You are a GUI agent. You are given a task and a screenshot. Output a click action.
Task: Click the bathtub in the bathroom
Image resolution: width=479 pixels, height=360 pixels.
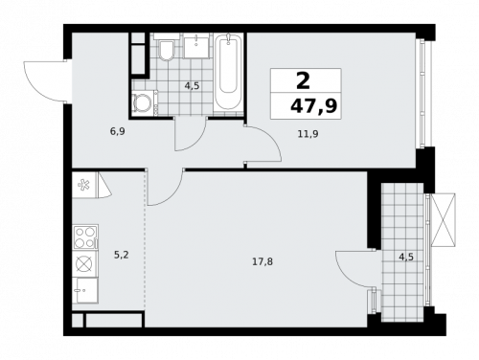(x=228, y=73)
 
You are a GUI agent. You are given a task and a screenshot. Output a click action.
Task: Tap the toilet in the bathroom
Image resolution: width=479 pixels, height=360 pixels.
(x=165, y=51)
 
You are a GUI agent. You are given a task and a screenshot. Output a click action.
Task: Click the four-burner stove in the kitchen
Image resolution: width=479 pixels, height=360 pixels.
(x=83, y=235)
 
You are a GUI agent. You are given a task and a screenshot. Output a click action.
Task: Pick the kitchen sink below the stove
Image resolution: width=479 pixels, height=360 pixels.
(x=83, y=262)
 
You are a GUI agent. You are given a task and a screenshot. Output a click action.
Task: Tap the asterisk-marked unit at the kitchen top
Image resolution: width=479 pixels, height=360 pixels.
(x=83, y=185)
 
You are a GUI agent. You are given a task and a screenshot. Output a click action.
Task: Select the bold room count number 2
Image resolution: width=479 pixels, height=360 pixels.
(x=304, y=81)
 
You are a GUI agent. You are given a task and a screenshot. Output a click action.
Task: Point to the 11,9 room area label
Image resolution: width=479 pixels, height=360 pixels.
(x=307, y=134)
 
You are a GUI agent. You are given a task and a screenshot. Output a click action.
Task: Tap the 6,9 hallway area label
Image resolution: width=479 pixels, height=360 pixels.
(x=117, y=131)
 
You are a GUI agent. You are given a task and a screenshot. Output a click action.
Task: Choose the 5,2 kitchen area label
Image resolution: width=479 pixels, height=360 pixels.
(x=122, y=255)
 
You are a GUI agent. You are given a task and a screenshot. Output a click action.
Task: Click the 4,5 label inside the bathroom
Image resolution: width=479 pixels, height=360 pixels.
(x=192, y=86)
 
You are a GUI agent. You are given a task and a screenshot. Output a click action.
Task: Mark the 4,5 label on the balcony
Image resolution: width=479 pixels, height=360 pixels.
(x=406, y=256)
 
